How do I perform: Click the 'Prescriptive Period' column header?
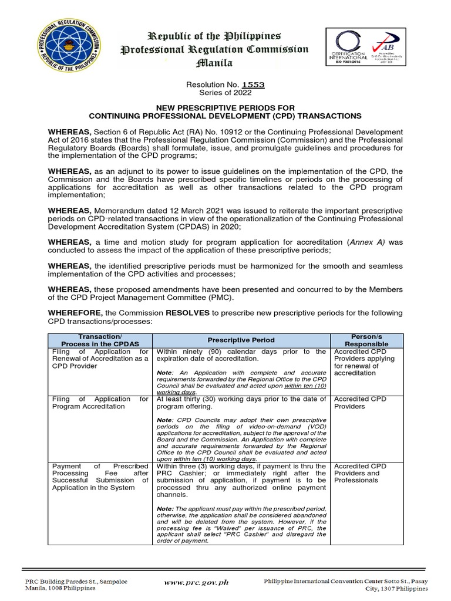(240, 340)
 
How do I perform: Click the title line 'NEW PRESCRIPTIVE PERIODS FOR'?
(225, 108)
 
